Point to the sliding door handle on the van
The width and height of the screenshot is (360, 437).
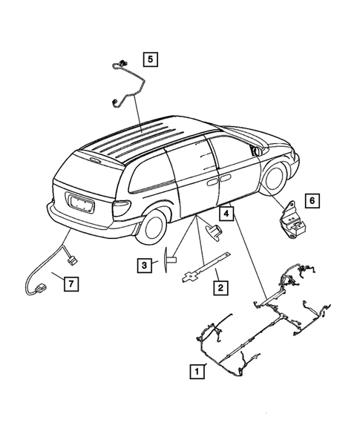pos(212,181)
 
